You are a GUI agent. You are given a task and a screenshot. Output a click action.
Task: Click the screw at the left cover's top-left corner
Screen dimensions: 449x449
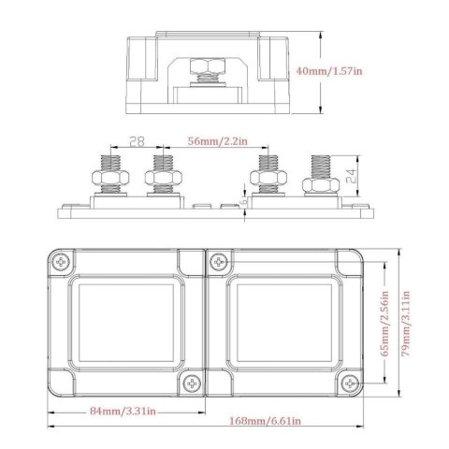(x=63, y=261)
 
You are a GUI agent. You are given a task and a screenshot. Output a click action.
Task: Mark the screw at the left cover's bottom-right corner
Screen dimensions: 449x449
(x=191, y=384)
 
